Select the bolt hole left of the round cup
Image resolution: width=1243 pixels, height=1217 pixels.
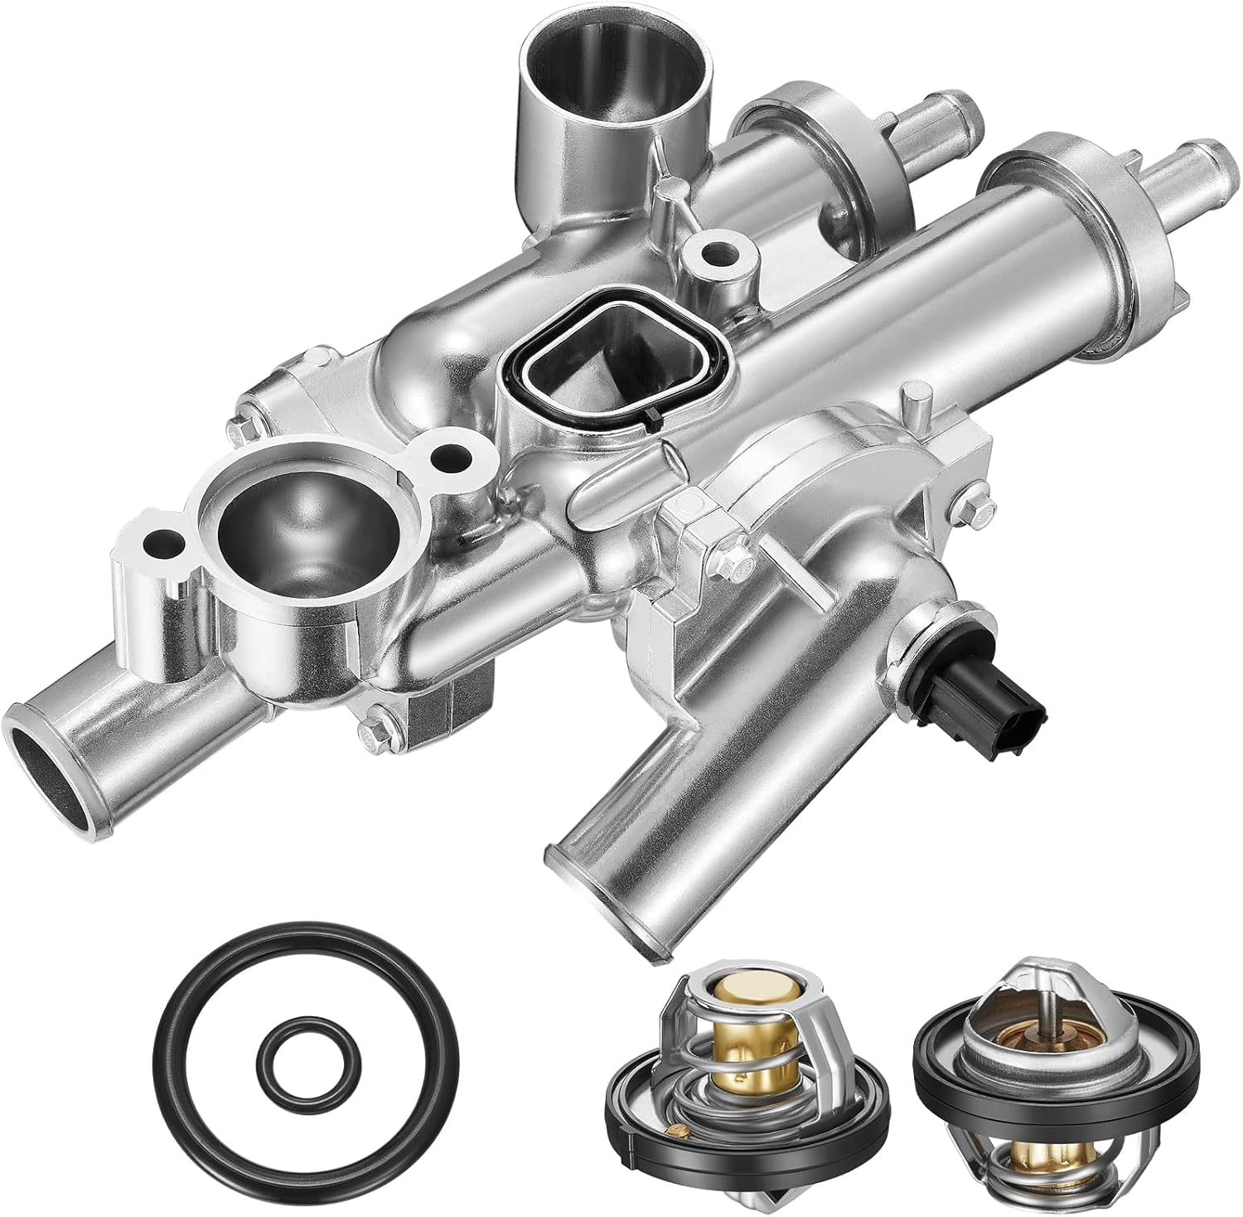pyautogui.click(x=157, y=544)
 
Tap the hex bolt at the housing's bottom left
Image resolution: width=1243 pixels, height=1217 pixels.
pyautogui.click(x=371, y=727)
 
